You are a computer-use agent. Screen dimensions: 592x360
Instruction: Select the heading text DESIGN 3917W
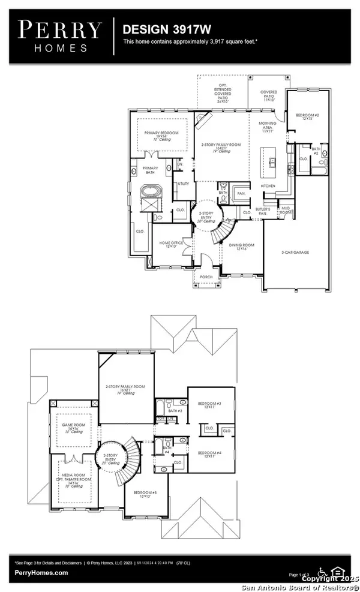click(x=157, y=28)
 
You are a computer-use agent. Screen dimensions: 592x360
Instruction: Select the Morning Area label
click(x=268, y=127)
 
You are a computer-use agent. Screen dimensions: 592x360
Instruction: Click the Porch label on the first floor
click(x=206, y=277)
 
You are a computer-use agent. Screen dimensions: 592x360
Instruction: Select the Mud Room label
click(x=284, y=211)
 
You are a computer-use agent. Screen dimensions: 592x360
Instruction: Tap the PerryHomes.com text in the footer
click(x=41, y=572)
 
